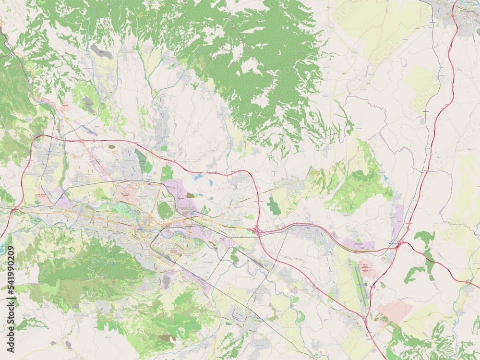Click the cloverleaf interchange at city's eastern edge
pos(258,231)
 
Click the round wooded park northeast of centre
pos(165,210)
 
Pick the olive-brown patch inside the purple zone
pos(190,195)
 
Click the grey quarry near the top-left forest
pos(101,51)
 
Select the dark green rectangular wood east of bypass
pos(274,205)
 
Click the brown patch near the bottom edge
pos(167,338)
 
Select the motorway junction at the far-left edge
pos(12,210)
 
